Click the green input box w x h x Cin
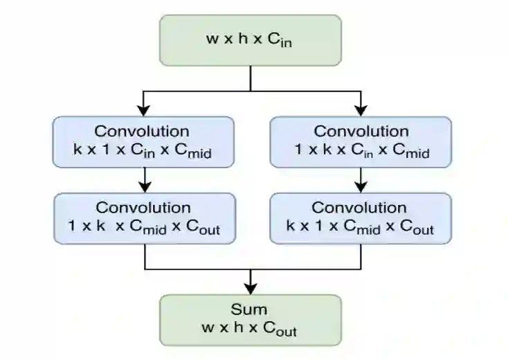[251, 39]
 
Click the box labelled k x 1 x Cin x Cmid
[143, 142]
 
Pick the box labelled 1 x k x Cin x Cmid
[360, 142]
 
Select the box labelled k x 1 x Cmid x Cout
[360, 219]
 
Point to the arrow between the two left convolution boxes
[144, 181]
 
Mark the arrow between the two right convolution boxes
[360, 181]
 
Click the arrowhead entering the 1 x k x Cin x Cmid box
[360, 109]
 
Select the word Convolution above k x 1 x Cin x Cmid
[142, 132]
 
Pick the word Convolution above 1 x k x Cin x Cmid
[360, 132]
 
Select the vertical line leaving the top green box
[251, 78]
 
